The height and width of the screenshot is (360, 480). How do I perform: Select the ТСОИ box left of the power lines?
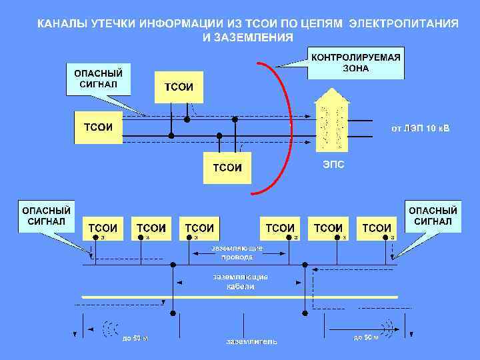pyautogui.click(x=97, y=127)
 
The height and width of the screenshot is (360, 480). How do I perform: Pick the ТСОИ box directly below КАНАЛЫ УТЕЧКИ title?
pyautogui.click(x=179, y=87)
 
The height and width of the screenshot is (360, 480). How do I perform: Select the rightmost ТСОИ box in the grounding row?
pyautogui.click(x=377, y=227)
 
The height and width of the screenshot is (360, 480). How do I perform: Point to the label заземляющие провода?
pyautogui.click(x=237, y=252)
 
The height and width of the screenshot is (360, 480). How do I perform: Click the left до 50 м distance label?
pyautogui.click(x=135, y=338)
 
